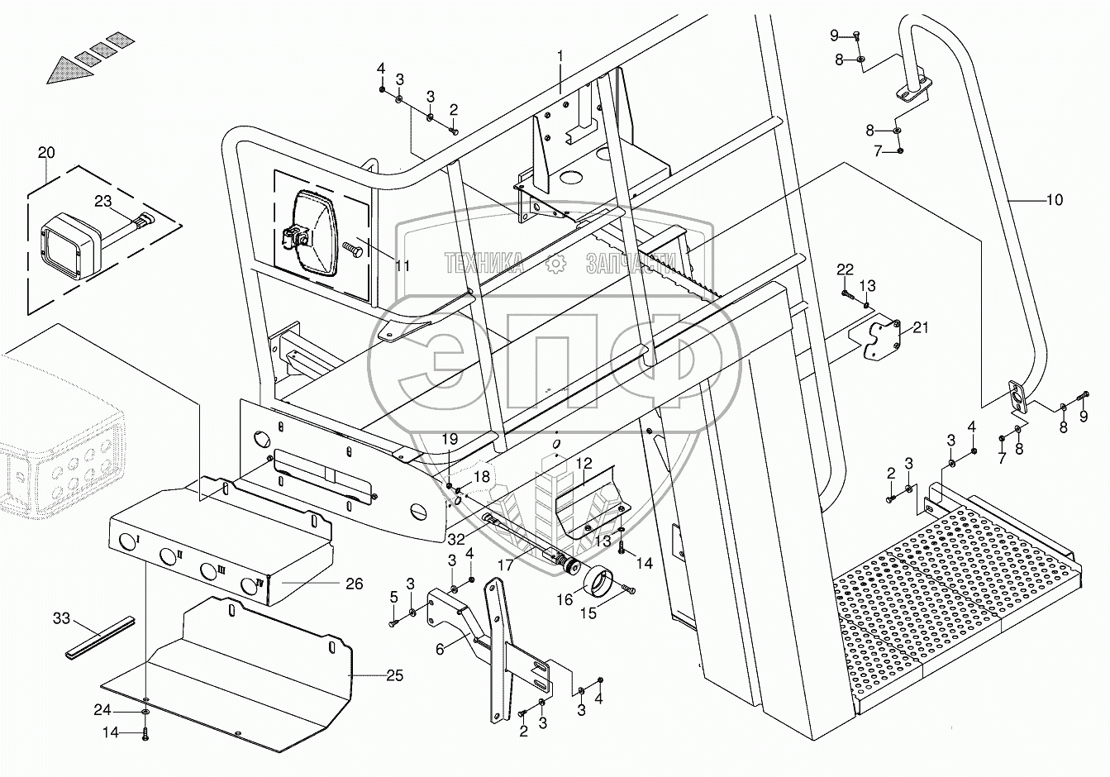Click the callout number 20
click(x=46, y=153)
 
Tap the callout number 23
click(x=103, y=201)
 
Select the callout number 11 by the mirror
click(x=403, y=266)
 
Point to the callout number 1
click(x=560, y=56)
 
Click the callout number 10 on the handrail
click(x=1055, y=200)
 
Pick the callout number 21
click(x=920, y=327)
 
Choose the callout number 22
click(x=845, y=269)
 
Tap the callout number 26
click(x=355, y=584)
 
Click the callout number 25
click(x=394, y=675)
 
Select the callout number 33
click(x=61, y=618)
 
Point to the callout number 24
click(x=102, y=710)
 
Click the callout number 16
click(x=565, y=600)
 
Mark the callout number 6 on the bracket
click(x=440, y=649)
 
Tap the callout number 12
click(x=584, y=464)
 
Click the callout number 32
click(x=455, y=539)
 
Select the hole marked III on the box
click(x=208, y=571)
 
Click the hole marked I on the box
click(x=126, y=542)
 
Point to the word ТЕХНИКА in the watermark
click(x=484, y=263)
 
